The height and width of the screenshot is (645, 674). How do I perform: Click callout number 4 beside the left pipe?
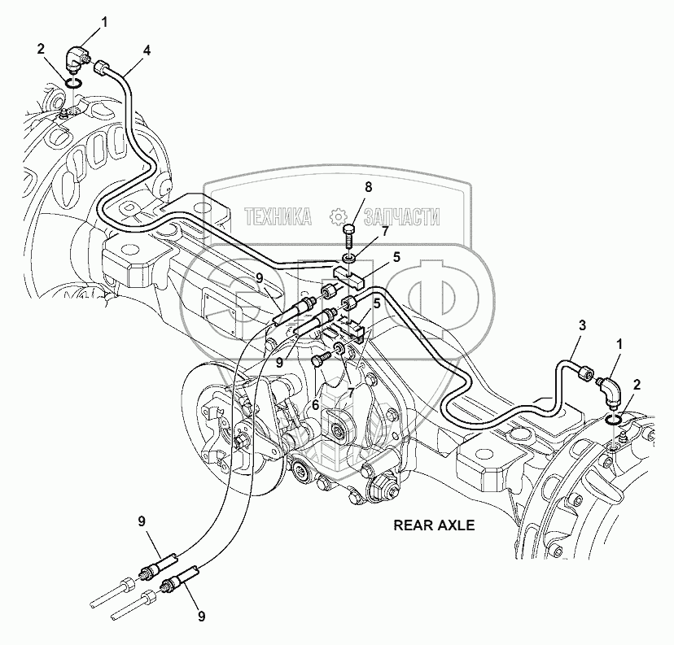pyautogui.click(x=147, y=50)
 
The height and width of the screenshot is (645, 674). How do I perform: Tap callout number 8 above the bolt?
pyautogui.click(x=367, y=187)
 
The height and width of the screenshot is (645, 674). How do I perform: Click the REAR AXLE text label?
pyautogui.click(x=434, y=525)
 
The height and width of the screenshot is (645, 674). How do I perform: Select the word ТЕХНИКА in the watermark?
pyautogui.click(x=278, y=217)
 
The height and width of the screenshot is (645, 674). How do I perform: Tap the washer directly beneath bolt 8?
pyautogui.click(x=349, y=258)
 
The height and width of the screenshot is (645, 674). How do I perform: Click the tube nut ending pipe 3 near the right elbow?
pyautogui.click(x=585, y=373)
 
